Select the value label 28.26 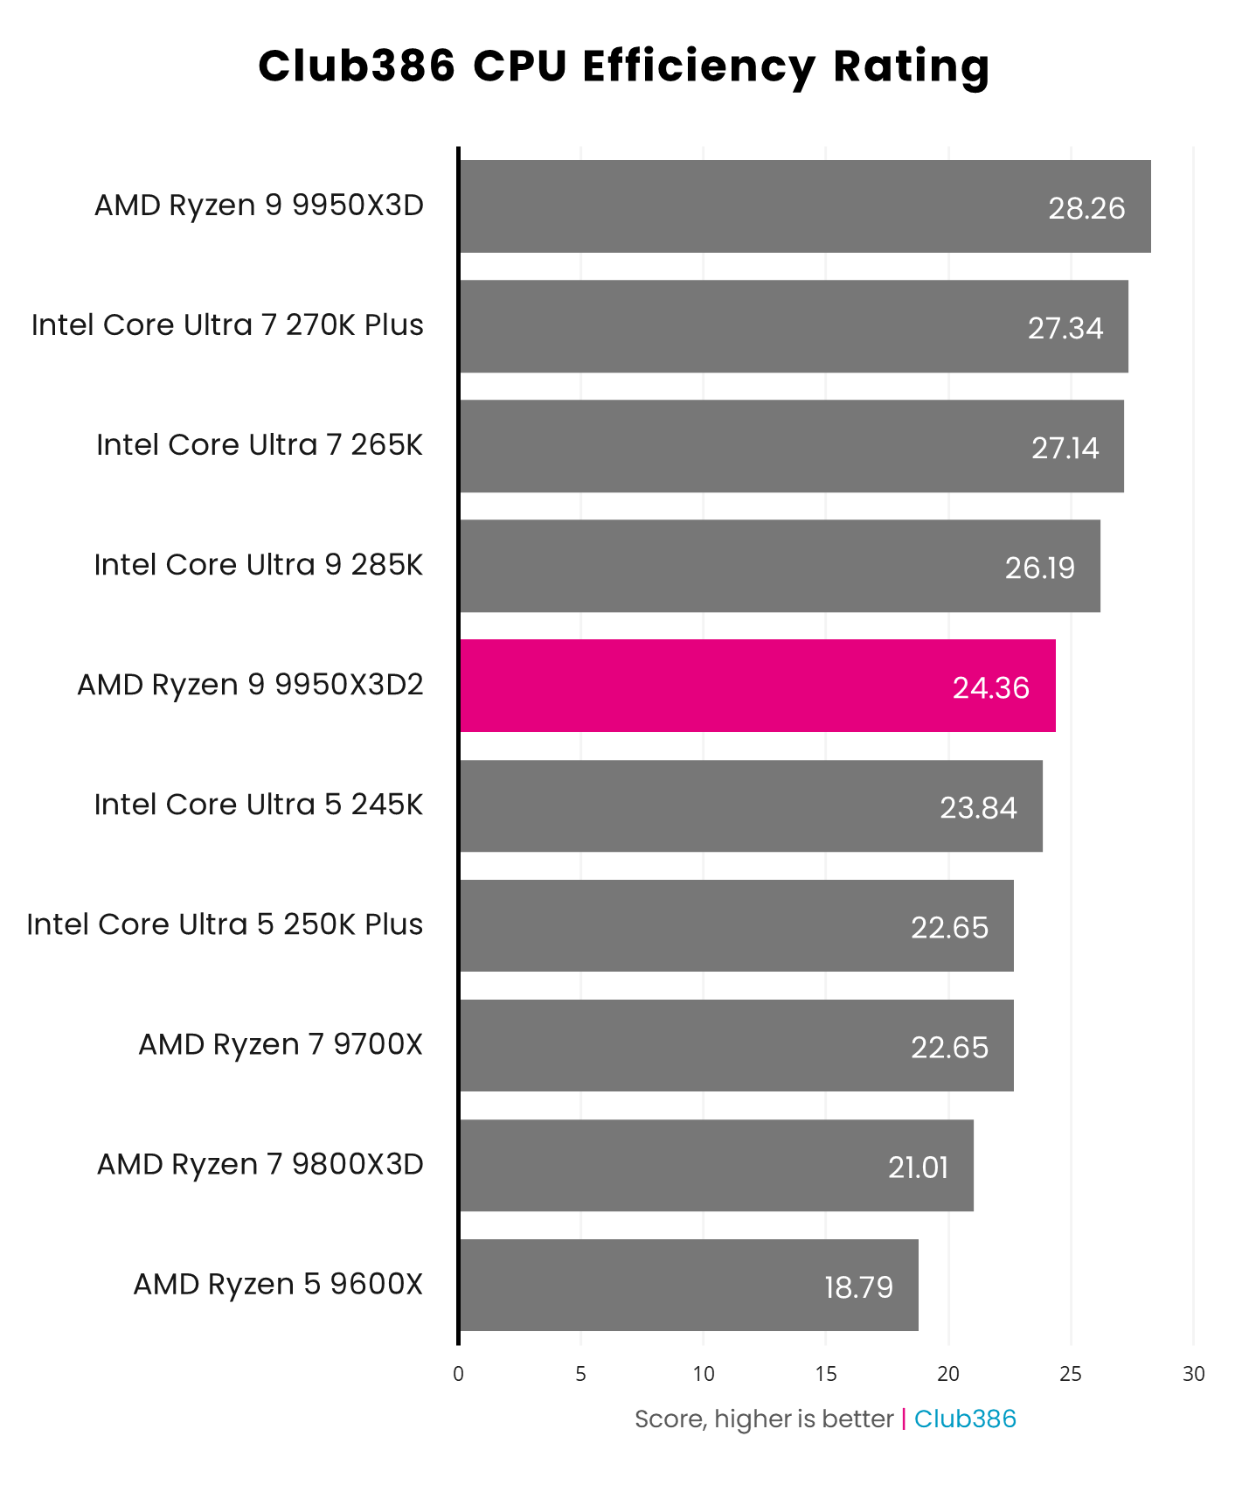click(1086, 208)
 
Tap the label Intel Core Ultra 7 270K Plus click(227, 325)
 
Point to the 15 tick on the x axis click(826, 1374)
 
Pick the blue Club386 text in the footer click(965, 1419)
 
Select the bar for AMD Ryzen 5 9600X click(689, 1285)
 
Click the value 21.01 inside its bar click(918, 1168)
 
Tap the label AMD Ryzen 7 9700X click(281, 1044)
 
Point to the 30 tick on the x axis click(1193, 1374)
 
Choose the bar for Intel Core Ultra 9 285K click(780, 566)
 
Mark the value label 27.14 click(1065, 448)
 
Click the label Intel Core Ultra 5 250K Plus click(225, 924)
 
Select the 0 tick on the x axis click(458, 1374)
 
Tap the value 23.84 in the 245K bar click(978, 807)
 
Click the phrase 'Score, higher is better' click(764, 1419)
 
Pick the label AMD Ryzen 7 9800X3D click(260, 1164)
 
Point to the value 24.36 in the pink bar click(990, 688)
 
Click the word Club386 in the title click(357, 66)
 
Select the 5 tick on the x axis click(580, 1374)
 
